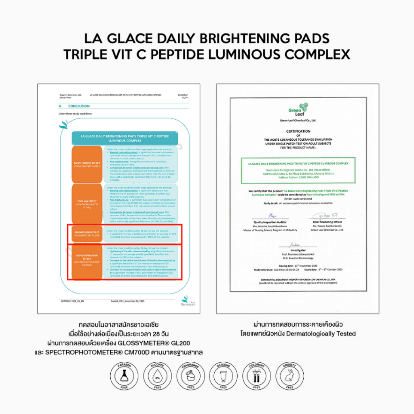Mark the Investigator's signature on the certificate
click(x=294, y=245)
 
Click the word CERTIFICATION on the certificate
click(x=298, y=131)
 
